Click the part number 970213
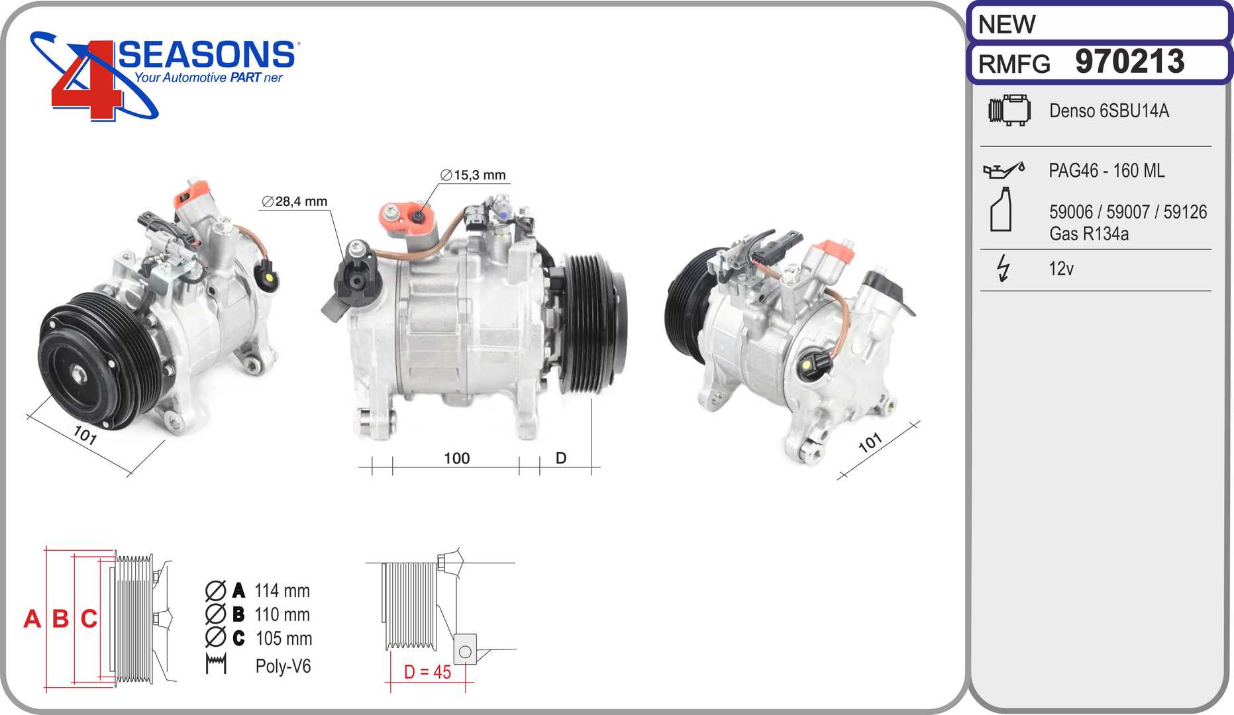click(x=1130, y=62)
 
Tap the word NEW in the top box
click(x=1007, y=24)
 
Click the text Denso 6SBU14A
click(x=1109, y=111)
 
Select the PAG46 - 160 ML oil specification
click(x=1107, y=171)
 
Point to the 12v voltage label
click(x=1061, y=269)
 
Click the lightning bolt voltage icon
click(x=1003, y=268)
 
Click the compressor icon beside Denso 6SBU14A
click(x=1009, y=110)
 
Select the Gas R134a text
click(x=1089, y=234)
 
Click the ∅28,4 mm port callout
click(x=295, y=201)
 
